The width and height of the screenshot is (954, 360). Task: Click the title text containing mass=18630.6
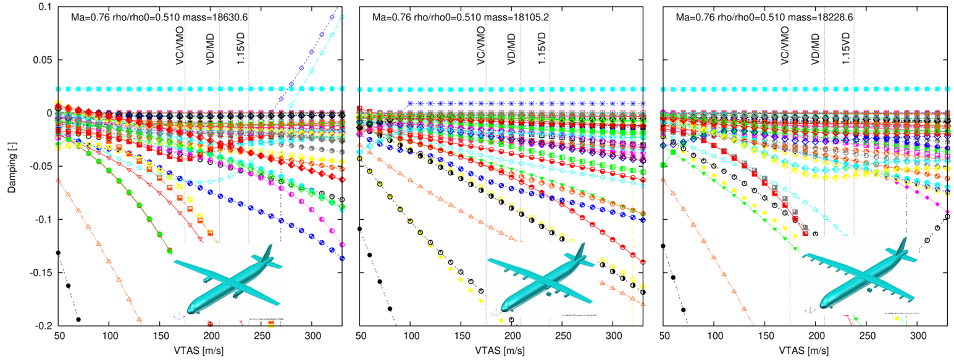pyautogui.click(x=160, y=17)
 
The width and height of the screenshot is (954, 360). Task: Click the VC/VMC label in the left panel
pyautogui.click(x=180, y=44)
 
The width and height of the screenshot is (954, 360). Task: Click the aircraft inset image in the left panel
pyautogui.click(x=228, y=282)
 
